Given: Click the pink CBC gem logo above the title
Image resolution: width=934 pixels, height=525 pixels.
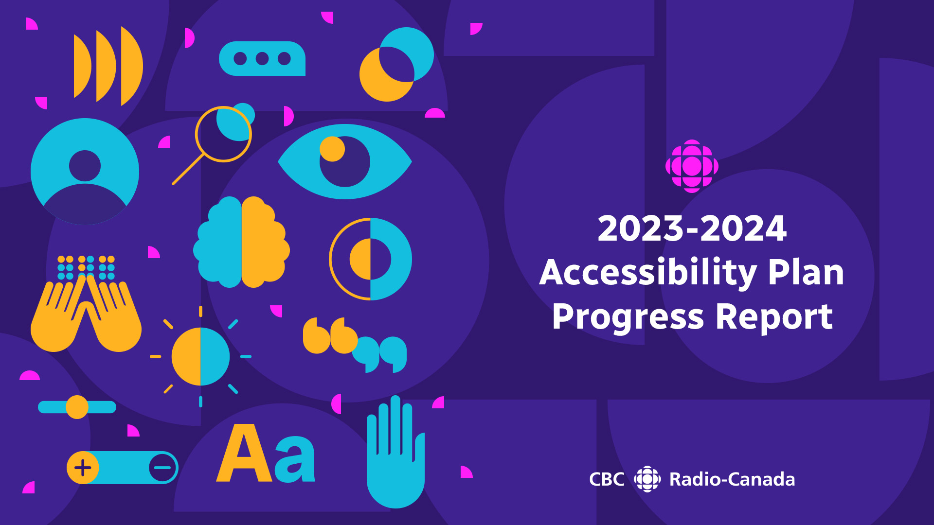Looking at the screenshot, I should pos(692,166).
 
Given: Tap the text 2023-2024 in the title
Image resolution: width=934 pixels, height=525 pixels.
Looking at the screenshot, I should pos(692,228).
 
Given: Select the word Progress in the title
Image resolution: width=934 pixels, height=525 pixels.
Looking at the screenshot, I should pos(628,317).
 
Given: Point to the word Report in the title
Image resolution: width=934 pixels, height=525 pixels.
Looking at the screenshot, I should pos(774,317).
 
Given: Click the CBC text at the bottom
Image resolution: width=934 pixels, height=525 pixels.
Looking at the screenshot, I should pos(607,479).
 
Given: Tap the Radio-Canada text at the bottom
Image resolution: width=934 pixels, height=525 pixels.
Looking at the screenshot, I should pos(732,479).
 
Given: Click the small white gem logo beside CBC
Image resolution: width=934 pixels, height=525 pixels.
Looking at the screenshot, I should pos(647,479).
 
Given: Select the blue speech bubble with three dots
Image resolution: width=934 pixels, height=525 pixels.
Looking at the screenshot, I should pos(262,59).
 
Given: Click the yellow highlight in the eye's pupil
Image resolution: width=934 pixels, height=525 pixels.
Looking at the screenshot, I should pos(332,149).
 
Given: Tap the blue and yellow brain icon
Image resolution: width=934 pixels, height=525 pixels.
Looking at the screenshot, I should pos(241,242).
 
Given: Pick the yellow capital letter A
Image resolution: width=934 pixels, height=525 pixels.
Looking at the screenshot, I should pos(243,455).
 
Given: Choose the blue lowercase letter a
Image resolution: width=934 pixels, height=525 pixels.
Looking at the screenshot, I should pos(295,459).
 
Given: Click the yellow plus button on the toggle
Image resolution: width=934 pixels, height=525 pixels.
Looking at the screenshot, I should pos(83,468).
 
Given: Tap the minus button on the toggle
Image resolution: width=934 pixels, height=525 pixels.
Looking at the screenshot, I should pos(162,468).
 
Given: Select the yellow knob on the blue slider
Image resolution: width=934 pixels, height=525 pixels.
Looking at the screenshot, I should pos(77,407).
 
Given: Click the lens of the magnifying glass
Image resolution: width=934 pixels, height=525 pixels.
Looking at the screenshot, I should pos(223,134).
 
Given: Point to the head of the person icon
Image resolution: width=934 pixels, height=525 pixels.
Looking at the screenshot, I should pos(85,166).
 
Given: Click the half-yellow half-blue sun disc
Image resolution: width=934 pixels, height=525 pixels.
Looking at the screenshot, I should pos(200,356).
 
